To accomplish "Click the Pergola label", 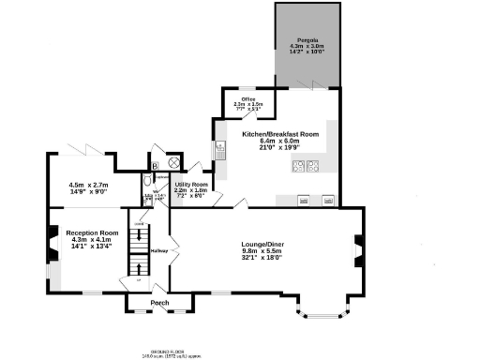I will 306,39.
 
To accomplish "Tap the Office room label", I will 248,99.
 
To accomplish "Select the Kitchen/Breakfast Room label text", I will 280,134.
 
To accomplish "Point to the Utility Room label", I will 189,185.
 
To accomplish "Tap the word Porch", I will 159,302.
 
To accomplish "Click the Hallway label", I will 160,251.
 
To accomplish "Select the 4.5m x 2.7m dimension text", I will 89,186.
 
